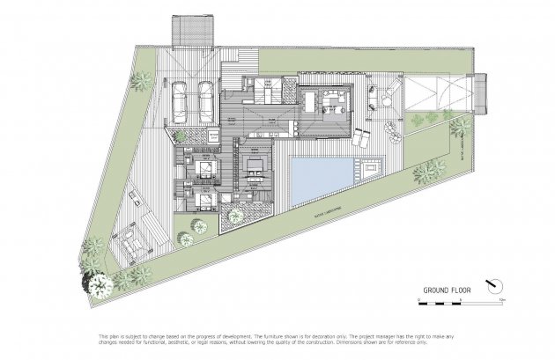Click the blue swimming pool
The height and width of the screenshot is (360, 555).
click(324, 177)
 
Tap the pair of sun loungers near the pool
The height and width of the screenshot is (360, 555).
click(363, 138)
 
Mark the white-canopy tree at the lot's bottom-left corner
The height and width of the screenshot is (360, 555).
click(98, 283)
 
